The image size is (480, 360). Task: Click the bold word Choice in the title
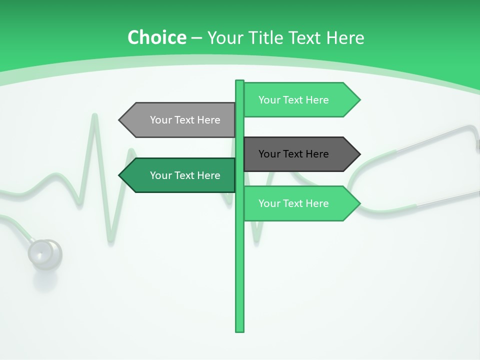click(x=156, y=38)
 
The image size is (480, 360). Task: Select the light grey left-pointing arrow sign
click(x=178, y=120)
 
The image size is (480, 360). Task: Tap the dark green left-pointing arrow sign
click(x=178, y=175)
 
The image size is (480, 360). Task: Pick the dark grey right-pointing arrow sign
click(x=300, y=154)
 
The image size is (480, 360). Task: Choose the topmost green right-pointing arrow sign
click(x=300, y=100)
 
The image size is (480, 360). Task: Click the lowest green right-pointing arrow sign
click(x=300, y=203)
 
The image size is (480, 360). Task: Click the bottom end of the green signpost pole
click(x=239, y=330)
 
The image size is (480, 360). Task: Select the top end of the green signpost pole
click(x=239, y=81)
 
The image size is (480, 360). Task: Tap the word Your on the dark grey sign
click(x=269, y=154)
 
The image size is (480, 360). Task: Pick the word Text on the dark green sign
click(x=185, y=175)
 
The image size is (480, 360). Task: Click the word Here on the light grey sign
click(x=208, y=120)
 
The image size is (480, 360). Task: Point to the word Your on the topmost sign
click(x=269, y=100)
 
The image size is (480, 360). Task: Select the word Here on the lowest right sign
click(x=317, y=203)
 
